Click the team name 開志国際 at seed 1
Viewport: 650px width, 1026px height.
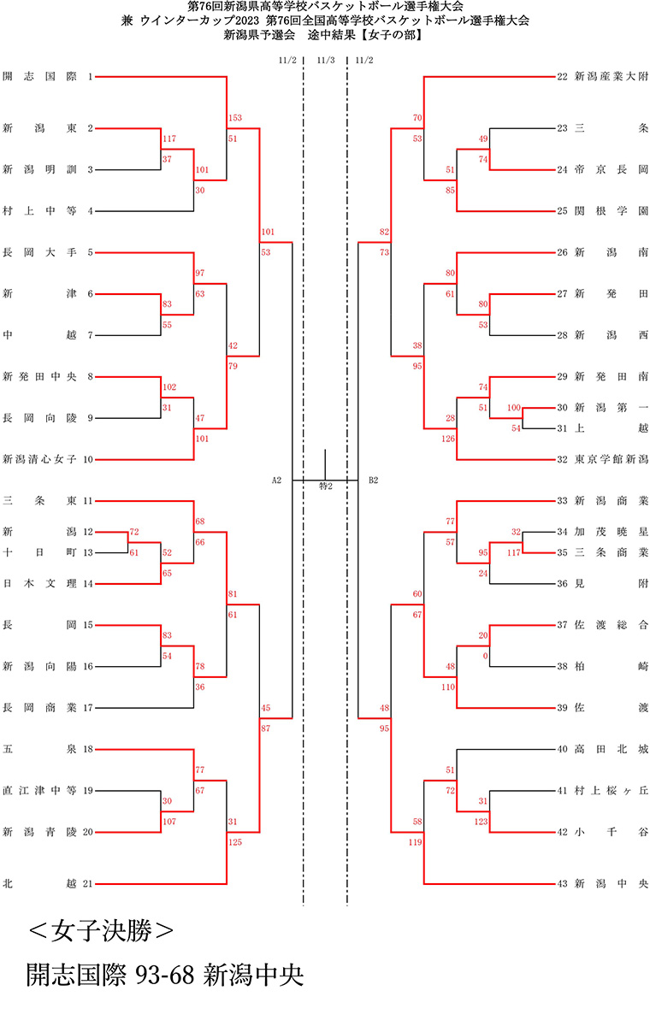coord(39,77)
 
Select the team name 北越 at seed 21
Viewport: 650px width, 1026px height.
coord(39,883)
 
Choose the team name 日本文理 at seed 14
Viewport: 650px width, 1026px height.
coord(39,583)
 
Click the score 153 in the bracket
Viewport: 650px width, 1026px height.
coord(235,118)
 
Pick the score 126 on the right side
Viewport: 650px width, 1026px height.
coord(448,440)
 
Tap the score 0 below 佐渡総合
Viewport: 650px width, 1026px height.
coord(484,656)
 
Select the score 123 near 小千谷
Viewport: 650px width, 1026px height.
coord(481,822)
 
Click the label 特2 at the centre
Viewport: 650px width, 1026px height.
coord(325,486)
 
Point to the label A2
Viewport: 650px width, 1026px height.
coord(276,481)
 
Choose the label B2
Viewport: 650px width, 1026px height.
coord(374,481)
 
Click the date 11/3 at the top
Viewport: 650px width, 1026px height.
coord(325,60)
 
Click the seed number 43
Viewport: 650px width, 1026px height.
coord(562,883)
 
